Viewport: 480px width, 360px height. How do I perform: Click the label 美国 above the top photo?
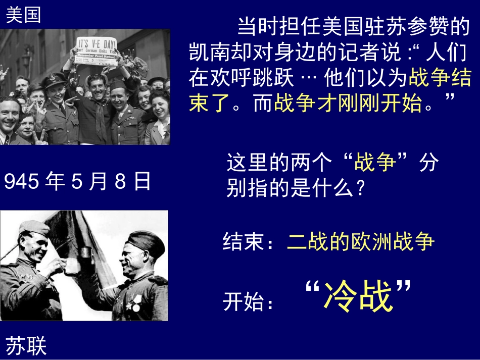pos(23,15)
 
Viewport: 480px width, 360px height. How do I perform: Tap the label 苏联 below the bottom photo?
pos(26,346)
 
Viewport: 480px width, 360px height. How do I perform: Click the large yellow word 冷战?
pos(358,297)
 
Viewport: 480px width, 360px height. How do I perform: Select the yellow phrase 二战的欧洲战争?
pos(361,242)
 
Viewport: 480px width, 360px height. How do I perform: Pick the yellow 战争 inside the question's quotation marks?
pos(375,164)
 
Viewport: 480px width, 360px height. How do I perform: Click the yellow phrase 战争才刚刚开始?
pos(348,104)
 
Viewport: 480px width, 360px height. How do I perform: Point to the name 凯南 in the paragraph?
pos(210,53)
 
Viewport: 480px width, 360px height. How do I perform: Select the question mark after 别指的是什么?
pos(359,189)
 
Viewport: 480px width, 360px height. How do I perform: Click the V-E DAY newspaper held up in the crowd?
pos(96,49)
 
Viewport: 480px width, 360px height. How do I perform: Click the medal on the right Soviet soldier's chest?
pos(135,305)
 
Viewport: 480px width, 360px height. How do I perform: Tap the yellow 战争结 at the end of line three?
pos(440,78)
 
